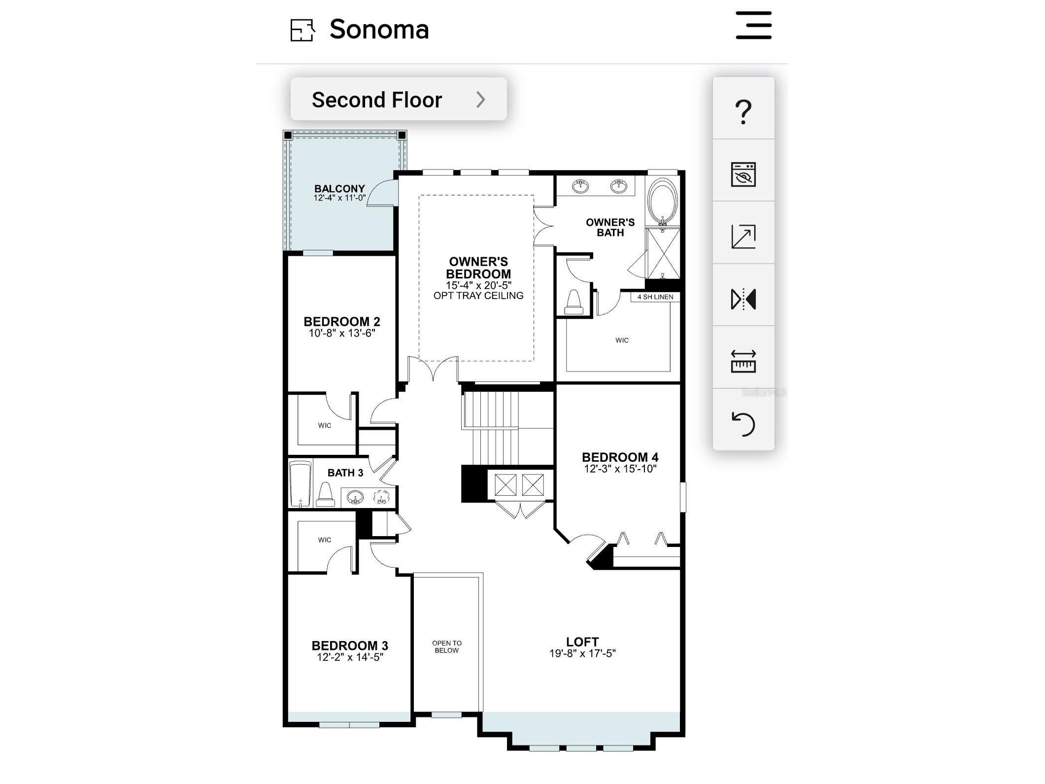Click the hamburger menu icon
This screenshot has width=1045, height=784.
click(x=753, y=25)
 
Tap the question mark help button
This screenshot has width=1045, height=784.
click(x=743, y=112)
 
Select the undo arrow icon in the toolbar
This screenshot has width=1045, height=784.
click(x=743, y=424)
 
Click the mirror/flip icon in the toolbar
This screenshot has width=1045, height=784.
click(x=743, y=299)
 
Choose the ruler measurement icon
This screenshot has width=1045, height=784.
click(x=743, y=361)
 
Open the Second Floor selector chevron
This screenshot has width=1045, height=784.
click(x=481, y=100)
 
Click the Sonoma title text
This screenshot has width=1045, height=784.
click(x=379, y=30)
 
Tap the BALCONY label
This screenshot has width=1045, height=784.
click(x=339, y=189)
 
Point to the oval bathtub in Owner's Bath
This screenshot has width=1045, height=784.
click(x=663, y=202)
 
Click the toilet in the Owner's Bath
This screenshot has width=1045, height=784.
click(x=574, y=302)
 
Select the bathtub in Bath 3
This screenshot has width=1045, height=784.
click(x=300, y=483)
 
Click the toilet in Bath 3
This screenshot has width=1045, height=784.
click(x=325, y=494)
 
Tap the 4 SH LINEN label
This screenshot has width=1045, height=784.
click(x=655, y=297)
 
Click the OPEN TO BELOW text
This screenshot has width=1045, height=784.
click(x=447, y=647)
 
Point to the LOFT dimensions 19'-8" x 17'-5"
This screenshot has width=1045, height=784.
click(x=582, y=653)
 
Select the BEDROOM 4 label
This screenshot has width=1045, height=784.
click(x=620, y=457)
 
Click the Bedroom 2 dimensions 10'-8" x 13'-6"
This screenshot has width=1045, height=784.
click(x=342, y=333)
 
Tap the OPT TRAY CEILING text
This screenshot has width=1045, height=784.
click(x=478, y=296)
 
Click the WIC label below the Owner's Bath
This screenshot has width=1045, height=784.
click(x=622, y=340)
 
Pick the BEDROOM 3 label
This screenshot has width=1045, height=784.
click(x=350, y=646)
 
